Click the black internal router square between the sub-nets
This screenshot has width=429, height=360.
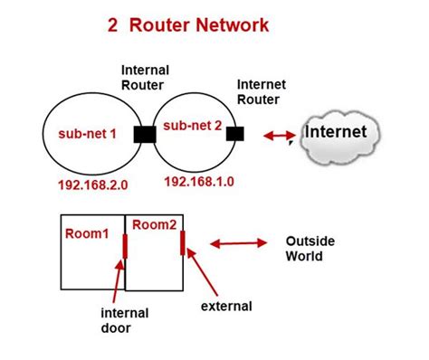146,135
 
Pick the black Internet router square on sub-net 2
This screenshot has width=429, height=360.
236,135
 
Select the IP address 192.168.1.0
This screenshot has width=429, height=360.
200,182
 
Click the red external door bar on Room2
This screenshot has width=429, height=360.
183,243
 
